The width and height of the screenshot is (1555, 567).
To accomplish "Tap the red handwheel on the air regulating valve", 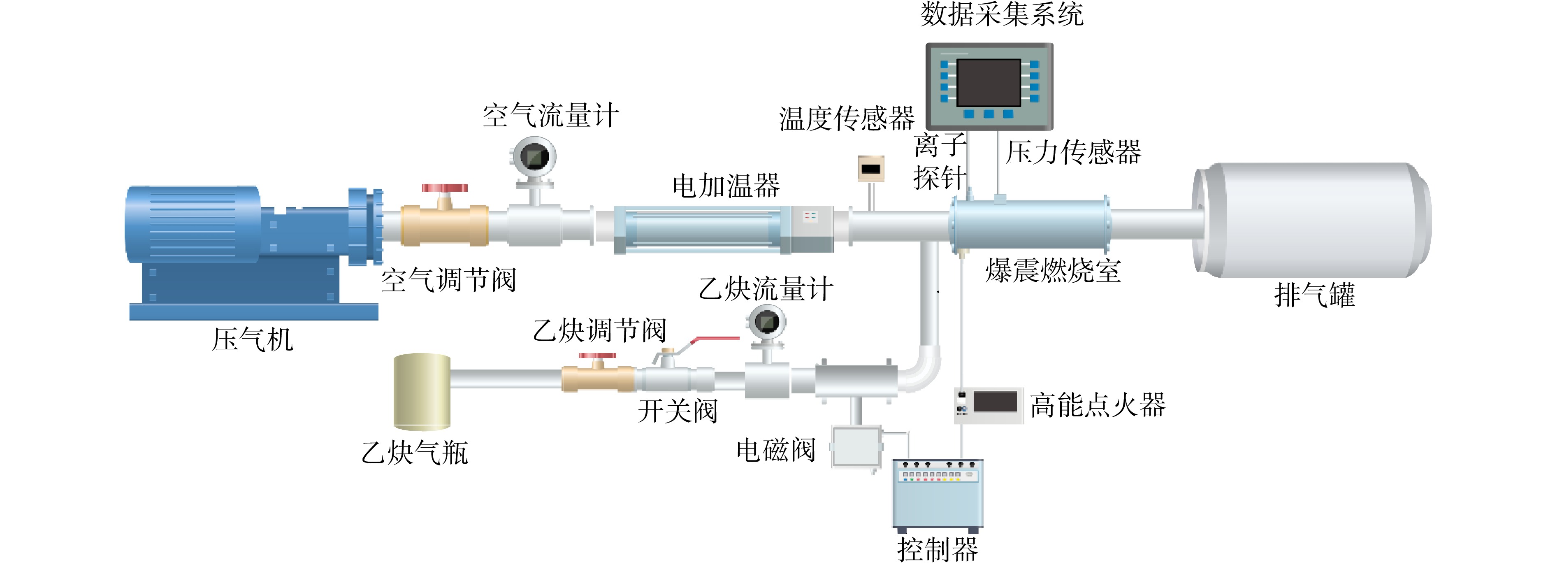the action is [x=445, y=188].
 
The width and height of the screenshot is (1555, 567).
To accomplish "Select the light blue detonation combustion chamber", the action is [x=1030, y=225].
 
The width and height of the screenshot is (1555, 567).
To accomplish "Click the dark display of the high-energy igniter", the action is [x=995, y=402].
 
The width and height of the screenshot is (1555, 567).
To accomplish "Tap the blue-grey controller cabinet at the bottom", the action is [x=938, y=493].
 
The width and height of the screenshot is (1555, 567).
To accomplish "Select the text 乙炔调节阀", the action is [x=599, y=331].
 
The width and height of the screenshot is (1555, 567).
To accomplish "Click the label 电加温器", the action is [x=726, y=186].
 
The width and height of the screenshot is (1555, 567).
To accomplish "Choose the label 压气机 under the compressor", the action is [x=252, y=339].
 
